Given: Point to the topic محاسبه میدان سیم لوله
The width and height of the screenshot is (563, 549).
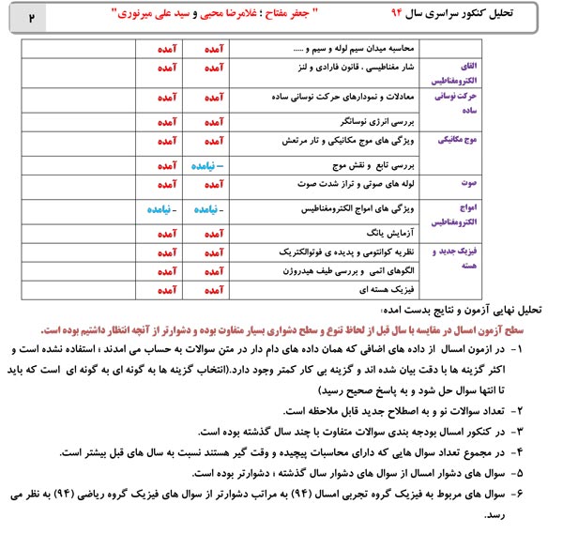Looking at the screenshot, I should click(x=367, y=47).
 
